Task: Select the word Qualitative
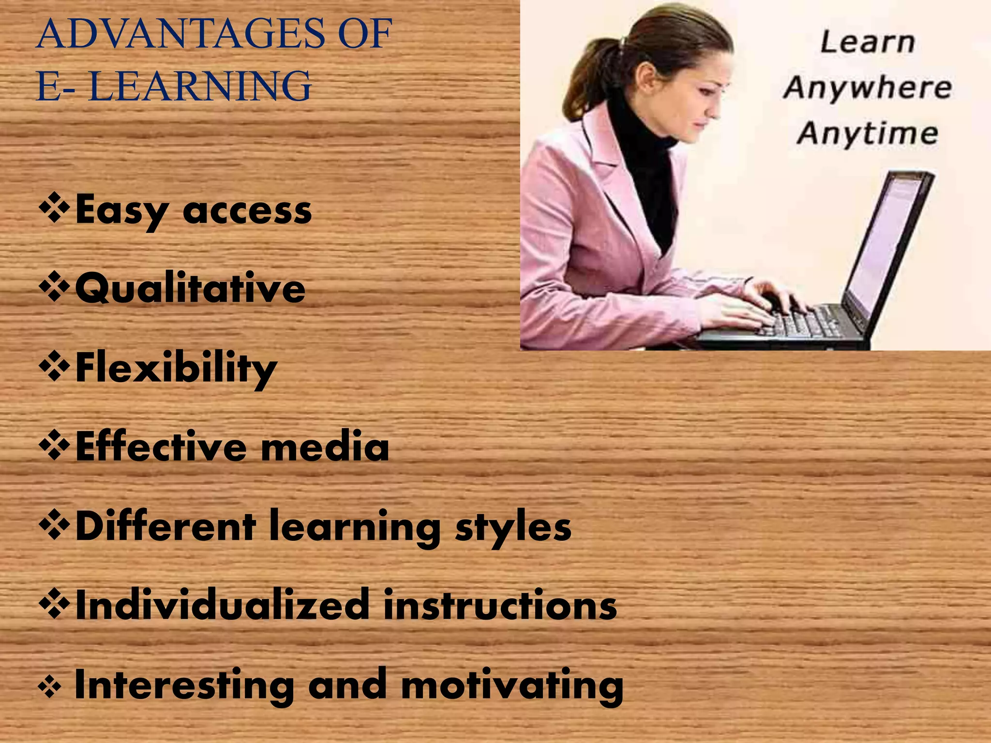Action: click(x=190, y=289)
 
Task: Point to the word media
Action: click(x=325, y=446)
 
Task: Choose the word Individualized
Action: click(x=223, y=605)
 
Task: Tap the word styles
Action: click(x=513, y=527)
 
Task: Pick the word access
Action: click(x=247, y=211)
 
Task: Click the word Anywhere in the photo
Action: click(x=868, y=88)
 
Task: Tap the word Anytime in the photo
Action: click(x=868, y=133)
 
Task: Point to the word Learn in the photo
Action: click(x=868, y=43)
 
